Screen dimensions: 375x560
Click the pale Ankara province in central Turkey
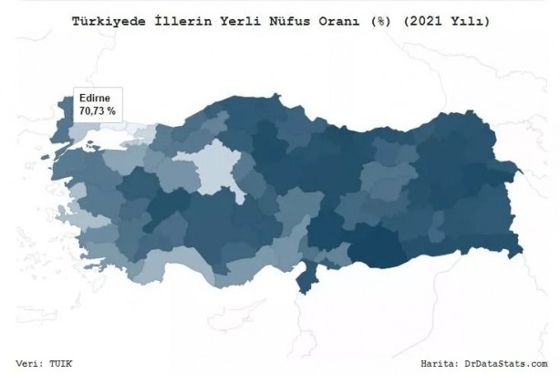213,169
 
